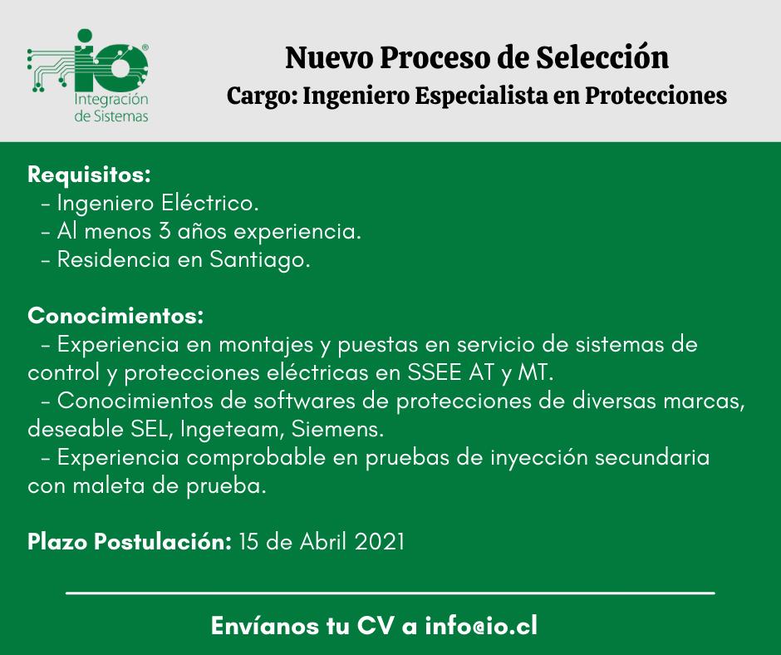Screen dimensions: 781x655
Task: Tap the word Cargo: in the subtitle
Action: point(262,96)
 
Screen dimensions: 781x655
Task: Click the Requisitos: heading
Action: point(89,175)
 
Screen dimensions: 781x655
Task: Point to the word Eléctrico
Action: point(209,203)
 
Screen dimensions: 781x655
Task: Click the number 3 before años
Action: point(165,231)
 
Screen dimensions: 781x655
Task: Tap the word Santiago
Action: point(259,260)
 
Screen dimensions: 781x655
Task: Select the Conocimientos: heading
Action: point(115,316)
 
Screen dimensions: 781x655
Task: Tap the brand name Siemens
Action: point(337,429)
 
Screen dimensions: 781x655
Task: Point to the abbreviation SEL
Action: point(151,430)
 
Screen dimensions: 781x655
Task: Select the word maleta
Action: point(109,486)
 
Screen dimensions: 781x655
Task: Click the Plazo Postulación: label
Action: point(130,542)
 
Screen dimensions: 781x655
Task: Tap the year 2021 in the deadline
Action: point(379,542)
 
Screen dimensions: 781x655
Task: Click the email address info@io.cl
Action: point(481,626)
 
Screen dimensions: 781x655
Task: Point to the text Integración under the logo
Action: point(111,99)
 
